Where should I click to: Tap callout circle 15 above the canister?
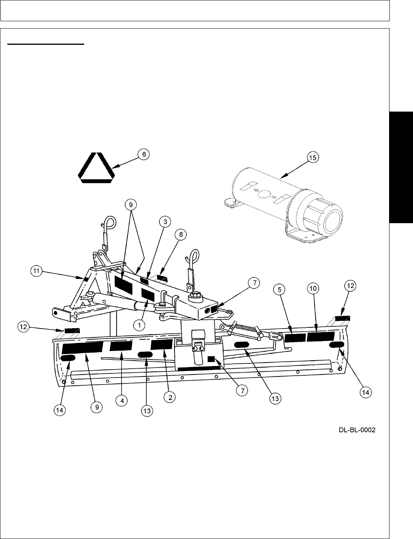[x=313, y=157]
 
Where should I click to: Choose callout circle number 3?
[x=165, y=222]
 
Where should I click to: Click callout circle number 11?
[x=36, y=271]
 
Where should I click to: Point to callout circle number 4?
[x=122, y=401]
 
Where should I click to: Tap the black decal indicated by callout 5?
[x=295, y=338]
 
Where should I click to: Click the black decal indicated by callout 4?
[x=121, y=345]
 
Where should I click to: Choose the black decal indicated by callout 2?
[x=161, y=344]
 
